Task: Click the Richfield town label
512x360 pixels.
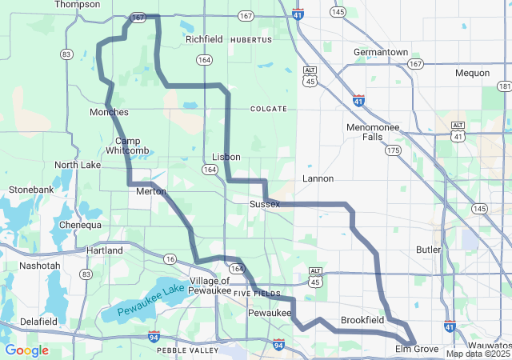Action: tap(204, 38)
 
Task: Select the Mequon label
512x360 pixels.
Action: tap(472, 73)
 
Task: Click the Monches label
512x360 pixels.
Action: tap(110, 112)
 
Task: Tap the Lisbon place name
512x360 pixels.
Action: tap(226, 157)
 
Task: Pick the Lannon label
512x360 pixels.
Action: tap(318, 178)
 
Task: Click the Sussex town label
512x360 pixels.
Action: tap(265, 205)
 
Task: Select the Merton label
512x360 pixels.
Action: tap(151, 191)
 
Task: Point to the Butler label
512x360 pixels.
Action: tap(429, 250)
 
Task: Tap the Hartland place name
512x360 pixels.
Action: tap(105, 250)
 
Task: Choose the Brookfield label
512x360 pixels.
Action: tap(362, 320)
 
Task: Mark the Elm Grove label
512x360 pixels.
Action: tap(417, 350)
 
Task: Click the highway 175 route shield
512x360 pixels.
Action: tap(392, 150)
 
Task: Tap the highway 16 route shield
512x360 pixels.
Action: tap(170, 258)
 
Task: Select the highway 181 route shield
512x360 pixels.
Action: tap(504, 86)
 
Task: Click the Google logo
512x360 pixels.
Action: tap(27, 350)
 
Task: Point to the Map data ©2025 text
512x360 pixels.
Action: tap(478, 354)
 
